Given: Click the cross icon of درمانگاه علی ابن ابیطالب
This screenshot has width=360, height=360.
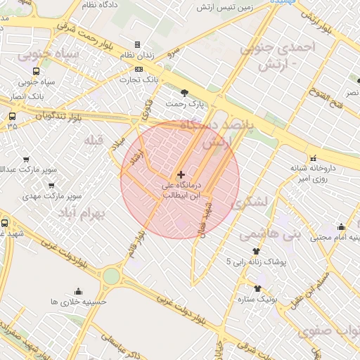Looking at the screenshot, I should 181,174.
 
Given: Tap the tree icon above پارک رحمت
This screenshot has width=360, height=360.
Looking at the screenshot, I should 184,92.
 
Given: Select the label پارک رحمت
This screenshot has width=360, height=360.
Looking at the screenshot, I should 184,104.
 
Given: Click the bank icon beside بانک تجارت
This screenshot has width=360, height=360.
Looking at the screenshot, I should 138,69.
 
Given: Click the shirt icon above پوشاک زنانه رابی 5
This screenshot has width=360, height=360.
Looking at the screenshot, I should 255,250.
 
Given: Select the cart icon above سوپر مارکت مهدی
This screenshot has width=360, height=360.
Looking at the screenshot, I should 51,186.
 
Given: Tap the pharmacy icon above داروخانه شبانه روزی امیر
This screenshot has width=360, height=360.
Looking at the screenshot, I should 313,157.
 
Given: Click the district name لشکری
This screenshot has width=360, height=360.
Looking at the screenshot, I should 250,201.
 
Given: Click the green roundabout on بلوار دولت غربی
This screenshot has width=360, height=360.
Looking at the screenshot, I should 111,276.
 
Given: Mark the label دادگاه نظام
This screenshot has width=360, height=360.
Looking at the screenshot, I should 98,5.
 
